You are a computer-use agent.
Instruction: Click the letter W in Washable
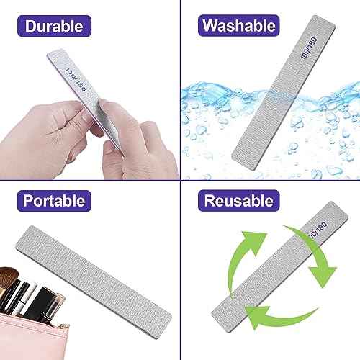pyautogui.click(x=208, y=27)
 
